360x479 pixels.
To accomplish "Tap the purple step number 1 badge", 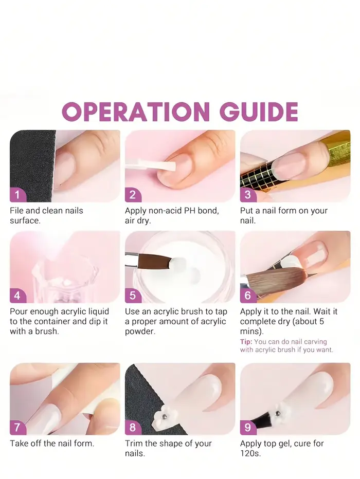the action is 17,195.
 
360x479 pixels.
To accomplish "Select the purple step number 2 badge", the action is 133,195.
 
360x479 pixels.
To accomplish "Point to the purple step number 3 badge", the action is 248,195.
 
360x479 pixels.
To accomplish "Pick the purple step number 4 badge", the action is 17,296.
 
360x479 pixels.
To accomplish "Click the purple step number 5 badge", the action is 133,296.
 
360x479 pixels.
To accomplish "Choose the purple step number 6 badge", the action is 248,296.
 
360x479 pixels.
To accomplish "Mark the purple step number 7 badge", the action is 17,427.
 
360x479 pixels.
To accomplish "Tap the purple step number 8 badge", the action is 133,427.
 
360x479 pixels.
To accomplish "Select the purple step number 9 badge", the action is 248,427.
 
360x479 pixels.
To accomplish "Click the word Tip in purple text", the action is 245,342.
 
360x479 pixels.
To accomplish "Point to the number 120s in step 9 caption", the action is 250,453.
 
